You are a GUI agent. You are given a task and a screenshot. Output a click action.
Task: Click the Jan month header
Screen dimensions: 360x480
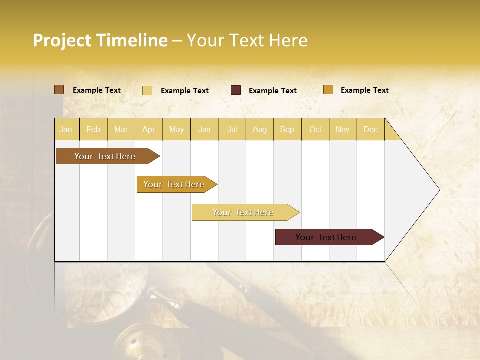tap(66, 129)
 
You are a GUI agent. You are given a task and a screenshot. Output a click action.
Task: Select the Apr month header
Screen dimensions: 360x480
tap(148, 129)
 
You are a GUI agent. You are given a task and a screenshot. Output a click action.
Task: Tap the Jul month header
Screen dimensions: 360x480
tap(232, 129)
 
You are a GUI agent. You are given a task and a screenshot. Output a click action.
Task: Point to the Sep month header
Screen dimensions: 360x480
tap(287, 129)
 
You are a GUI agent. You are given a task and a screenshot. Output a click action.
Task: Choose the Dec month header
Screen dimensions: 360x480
tap(370, 129)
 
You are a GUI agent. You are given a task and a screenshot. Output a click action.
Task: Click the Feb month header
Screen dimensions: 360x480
tap(93, 129)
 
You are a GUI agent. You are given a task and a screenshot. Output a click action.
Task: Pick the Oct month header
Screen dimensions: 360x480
tap(315, 129)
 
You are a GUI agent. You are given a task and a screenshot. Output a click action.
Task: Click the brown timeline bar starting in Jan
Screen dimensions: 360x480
tap(105, 156)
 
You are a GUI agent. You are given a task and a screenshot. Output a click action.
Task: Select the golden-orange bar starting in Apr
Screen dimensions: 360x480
tap(174, 184)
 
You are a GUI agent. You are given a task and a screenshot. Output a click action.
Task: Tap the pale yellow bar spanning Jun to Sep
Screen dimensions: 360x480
tap(243, 212)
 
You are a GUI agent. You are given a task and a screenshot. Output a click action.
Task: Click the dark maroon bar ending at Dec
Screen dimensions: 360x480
tap(326, 237)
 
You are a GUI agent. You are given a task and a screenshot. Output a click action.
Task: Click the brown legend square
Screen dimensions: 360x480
tap(59, 90)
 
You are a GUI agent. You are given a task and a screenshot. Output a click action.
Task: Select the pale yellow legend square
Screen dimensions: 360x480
tap(147, 90)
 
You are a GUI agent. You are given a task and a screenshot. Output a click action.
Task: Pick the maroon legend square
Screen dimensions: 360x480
tap(236, 90)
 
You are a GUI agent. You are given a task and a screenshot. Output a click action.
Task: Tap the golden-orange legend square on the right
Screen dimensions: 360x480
tap(328, 90)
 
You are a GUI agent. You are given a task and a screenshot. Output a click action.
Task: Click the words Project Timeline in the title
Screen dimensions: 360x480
tap(100, 40)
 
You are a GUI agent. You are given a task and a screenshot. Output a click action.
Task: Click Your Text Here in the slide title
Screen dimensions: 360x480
tap(247, 40)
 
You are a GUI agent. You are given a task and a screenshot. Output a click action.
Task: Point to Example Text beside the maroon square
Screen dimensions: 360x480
tap(272, 91)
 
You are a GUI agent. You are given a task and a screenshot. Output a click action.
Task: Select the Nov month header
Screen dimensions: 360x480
tap(343, 129)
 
